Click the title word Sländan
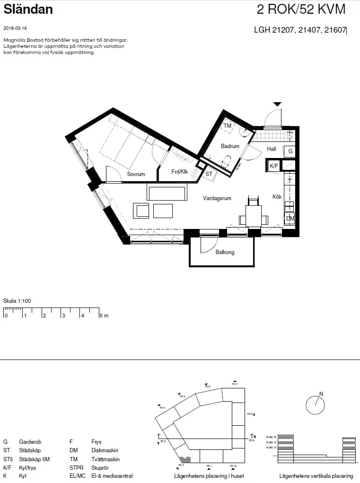point(28,9)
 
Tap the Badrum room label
point(230,146)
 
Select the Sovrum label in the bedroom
point(136,174)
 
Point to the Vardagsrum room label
point(217,198)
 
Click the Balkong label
point(225,252)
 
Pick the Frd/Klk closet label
point(180,172)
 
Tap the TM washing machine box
point(228,126)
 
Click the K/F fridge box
point(274,166)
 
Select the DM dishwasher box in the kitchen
point(290,219)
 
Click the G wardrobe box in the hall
point(290,152)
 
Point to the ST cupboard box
point(209,174)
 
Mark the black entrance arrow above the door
point(277,104)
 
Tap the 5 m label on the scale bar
point(104,316)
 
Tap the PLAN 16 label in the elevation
point(271,437)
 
